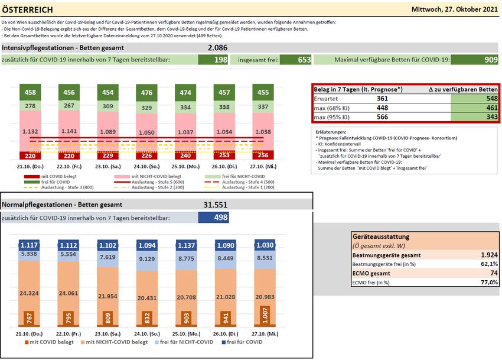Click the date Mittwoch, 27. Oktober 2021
click(x=455, y=9)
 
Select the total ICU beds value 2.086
click(x=217, y=47)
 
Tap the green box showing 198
click(x=213, y=60)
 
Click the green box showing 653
click(x=295, y=60)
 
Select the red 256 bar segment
click(x=263, y=155)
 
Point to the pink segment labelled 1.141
click(x=69, y=131)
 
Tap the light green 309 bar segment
click(x=107, y=106)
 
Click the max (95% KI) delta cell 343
click(x=472, y=118)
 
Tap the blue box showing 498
click(x=213, y=218)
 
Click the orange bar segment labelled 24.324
click(x=30, y=293)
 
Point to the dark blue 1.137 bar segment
click(x=185, y=245)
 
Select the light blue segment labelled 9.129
click(x=146, y=259)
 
